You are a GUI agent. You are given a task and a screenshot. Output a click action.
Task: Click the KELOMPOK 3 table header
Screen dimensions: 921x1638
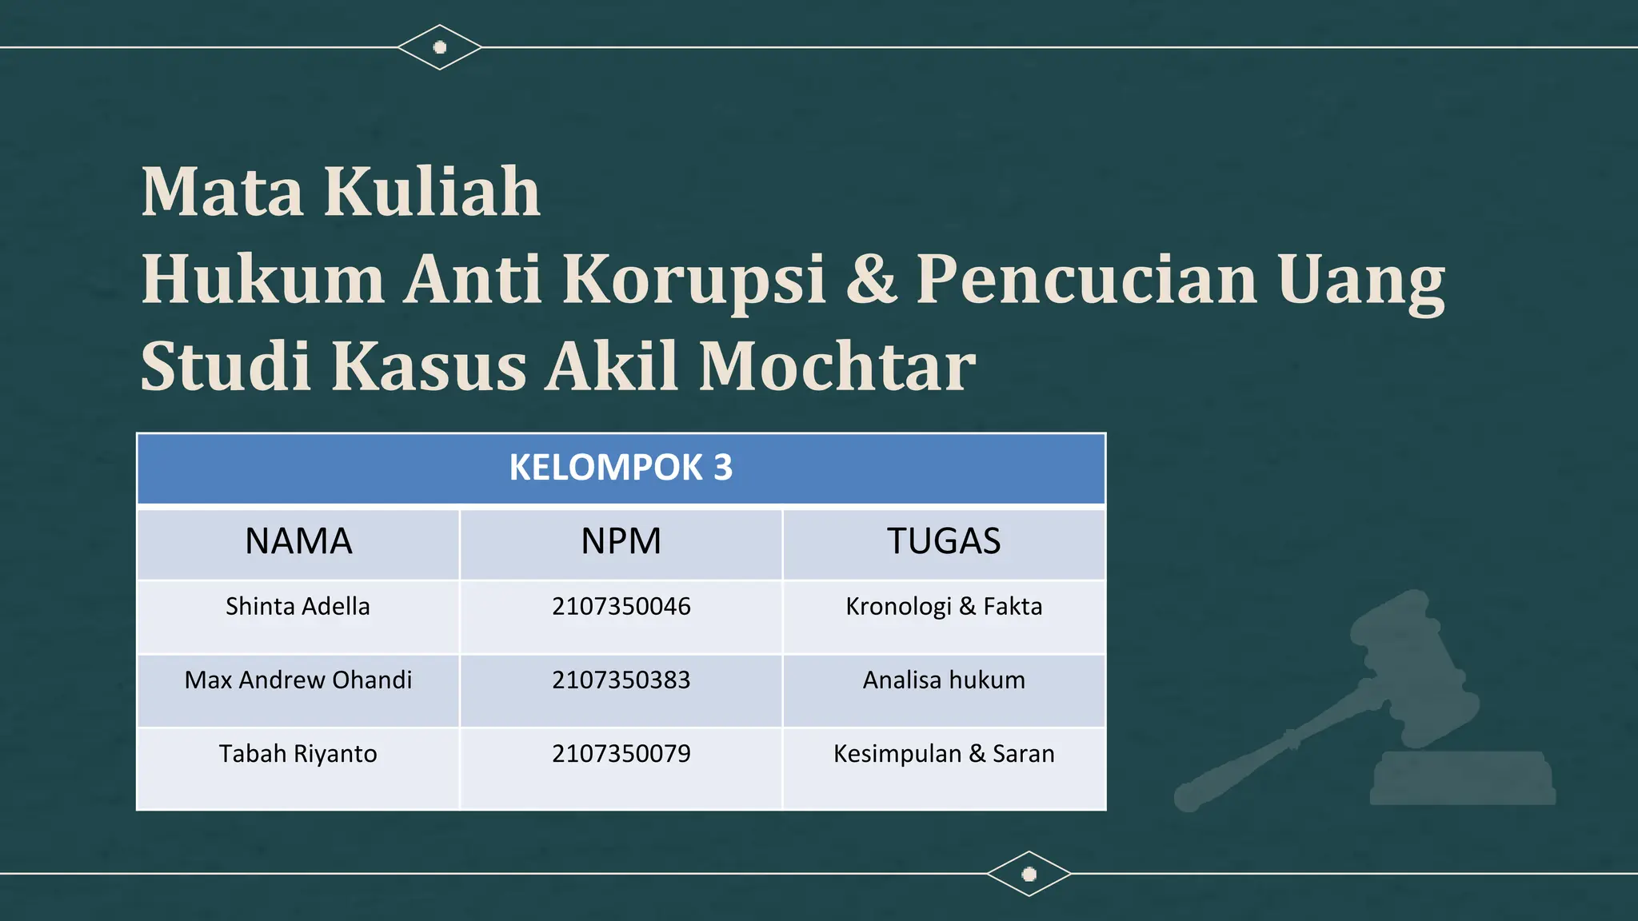[x=621, y=468]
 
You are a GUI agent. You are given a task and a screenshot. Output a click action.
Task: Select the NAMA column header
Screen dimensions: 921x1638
[x=298, y=541]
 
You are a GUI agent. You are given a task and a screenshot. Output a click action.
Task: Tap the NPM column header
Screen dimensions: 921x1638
[x=621, y=541]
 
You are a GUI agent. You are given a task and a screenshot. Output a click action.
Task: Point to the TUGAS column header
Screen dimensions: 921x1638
[x=944, y=541]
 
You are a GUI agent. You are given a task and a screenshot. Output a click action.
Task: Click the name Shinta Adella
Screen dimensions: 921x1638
[x=298, y=607]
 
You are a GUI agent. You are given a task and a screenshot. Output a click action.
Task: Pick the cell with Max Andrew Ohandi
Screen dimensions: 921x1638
[x=298, y=680]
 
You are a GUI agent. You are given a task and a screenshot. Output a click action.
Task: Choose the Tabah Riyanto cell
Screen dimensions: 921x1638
[x=298, y=754]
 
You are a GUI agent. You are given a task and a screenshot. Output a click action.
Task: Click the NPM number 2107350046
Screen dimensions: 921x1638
[x=621, y=607]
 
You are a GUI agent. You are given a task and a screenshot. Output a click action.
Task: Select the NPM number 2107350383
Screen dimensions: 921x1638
[x=621, y=680]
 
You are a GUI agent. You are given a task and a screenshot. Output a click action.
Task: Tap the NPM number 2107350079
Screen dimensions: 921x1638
[x=621, y=754]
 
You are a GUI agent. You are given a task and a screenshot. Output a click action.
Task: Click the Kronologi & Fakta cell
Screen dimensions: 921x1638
[x=944, y=607]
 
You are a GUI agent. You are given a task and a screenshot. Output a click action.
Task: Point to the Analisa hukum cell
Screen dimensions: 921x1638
[x=944, y=680]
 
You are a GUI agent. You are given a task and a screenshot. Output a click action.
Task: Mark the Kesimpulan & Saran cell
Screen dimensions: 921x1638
[x=944, y=754]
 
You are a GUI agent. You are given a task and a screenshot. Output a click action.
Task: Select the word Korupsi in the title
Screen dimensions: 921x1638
[x=693, y=279]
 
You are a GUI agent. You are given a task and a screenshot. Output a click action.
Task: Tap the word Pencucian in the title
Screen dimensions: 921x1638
[x=1087, y=279]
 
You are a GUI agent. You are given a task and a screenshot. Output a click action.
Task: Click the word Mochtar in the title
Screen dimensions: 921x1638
[x=837, y=366]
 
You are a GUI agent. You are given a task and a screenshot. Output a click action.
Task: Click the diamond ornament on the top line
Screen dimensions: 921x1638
[x=439, y=47]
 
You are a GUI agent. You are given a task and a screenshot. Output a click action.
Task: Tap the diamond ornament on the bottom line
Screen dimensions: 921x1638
[x=1029, y=874]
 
